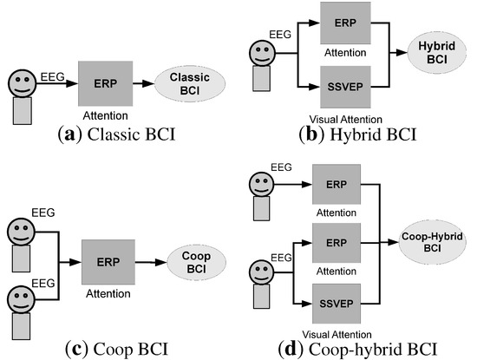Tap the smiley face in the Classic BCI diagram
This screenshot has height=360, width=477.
[x=22, y=87]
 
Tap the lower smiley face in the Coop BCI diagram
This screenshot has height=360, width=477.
[x=20, y=300]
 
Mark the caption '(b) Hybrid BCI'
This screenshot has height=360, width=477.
[x=356, y=134]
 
